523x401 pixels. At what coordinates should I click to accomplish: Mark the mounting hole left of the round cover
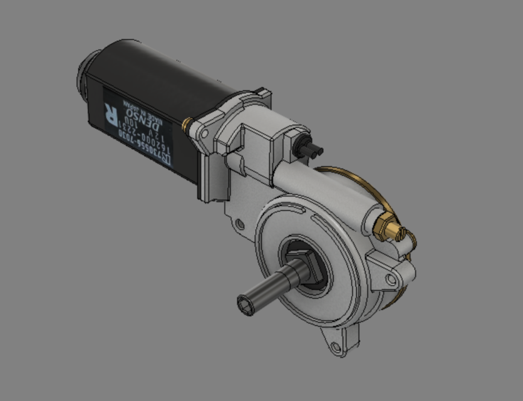tap(239, 223)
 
